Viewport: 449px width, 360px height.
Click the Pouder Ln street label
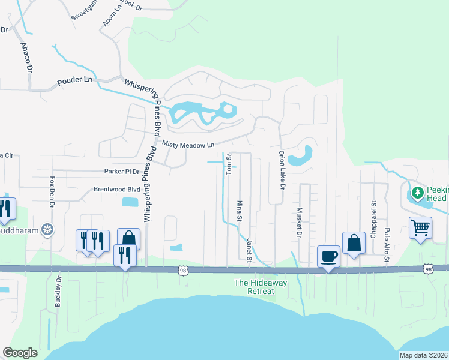(x=74, y=80)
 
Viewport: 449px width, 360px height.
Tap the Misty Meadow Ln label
(x=188, y=145)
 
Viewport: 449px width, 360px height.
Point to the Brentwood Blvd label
(x=116, y=188)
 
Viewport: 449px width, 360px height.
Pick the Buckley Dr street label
(x=58, y=290)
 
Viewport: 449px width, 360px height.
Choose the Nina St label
(x=239, y=210)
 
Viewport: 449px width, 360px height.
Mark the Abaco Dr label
(x=26, y=57)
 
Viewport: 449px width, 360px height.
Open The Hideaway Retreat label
(x=254, y=287)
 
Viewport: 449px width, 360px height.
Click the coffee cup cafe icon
(x=328, y=256)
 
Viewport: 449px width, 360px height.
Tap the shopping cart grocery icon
(x=421, y=227)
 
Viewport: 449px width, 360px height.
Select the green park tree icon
(x=416, y=194)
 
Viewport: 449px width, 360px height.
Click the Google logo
(x=20, y=352)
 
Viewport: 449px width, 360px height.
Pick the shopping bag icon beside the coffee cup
(x=354, y=243)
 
